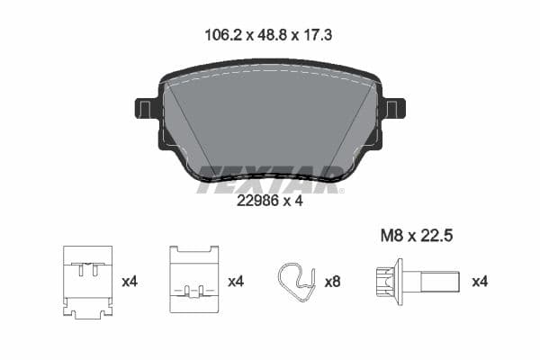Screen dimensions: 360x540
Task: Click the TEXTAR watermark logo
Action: (269, 178)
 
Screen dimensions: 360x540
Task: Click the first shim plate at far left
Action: (87, 282)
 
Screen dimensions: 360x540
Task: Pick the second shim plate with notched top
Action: (194, 280)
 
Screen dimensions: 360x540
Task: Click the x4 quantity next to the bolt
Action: (481, 282)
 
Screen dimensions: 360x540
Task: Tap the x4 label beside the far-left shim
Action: (130, 282)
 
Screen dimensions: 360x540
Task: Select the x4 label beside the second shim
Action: (236, 282)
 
